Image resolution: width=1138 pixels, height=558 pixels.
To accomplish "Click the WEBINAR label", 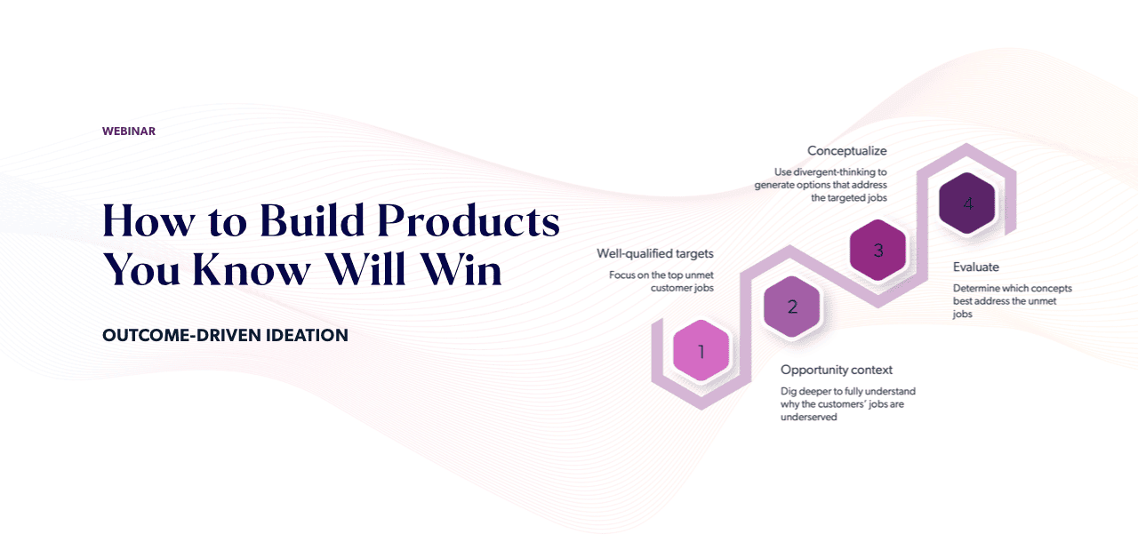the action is (129, 131).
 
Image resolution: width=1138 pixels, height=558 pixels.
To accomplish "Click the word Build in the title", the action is (312, 220).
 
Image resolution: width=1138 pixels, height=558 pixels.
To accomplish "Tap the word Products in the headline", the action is (469, 221).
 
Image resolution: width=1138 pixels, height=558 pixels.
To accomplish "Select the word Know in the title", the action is (252, 268).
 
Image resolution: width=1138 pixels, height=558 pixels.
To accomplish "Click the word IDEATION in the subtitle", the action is (307, 335).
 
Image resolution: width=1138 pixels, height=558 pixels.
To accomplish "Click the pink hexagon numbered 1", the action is (701, 350).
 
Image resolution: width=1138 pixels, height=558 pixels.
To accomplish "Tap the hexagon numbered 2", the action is (791, 307).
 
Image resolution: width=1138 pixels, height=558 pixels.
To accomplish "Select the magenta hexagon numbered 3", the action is (878, 250).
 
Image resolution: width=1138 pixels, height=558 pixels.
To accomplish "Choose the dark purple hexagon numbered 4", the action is (966, 203).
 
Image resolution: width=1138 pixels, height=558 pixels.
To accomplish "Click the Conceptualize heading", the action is (847, 151).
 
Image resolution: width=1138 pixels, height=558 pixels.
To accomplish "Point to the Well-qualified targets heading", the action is (655, 253).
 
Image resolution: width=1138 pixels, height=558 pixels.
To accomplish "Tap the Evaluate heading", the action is (976, 267).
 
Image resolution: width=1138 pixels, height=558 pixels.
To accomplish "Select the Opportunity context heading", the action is (837, 370).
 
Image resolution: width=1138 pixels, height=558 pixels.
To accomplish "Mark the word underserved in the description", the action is (809, 417).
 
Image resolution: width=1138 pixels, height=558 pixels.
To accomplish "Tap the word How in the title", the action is (148, 220).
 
